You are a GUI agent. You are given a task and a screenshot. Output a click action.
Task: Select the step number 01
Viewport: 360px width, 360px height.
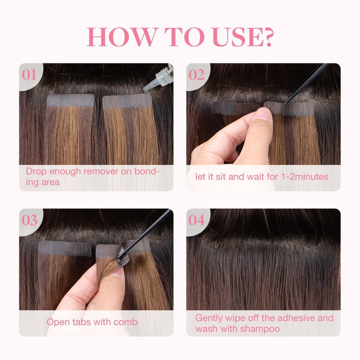coord(29,75)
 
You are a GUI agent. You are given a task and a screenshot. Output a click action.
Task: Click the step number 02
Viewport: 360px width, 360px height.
coord(197,75)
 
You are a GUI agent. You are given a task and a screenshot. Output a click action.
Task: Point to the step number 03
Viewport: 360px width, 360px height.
coord(29,220)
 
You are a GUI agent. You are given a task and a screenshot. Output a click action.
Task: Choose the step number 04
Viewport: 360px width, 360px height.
coord(197,220)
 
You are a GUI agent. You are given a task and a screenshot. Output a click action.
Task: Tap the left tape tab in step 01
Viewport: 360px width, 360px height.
coord(71,100)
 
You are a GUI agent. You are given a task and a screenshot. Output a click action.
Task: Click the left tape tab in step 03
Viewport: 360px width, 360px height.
coord(65,248)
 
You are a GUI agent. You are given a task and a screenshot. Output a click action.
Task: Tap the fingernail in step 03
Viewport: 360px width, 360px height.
coord(117,273)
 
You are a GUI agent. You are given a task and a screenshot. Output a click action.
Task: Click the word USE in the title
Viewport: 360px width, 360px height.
coord(237,37)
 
